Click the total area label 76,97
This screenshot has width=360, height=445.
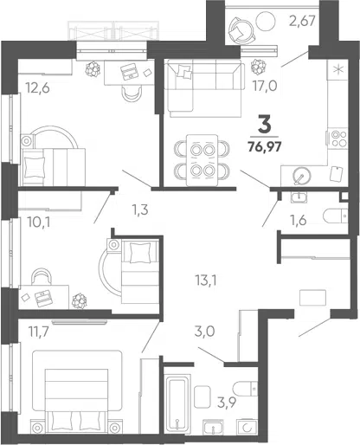click(265, 147)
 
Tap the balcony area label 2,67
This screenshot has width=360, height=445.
click(303, 22)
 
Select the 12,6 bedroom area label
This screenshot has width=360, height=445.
click(37, 87)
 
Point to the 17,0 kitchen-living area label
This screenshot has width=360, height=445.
click(265, 86)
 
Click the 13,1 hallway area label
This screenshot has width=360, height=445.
click(206, 280)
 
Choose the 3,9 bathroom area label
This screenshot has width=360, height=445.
click(227, 402)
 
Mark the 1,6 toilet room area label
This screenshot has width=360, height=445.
click(299, 221)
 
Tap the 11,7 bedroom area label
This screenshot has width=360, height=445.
click(39, 332)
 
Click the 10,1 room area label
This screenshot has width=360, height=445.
click(39, 222)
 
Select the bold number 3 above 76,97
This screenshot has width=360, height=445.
click(265, 125)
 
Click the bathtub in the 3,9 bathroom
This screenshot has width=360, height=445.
click(177, 403)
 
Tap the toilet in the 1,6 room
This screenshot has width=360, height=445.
click(336, 216)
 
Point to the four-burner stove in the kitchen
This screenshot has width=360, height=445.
click(338, 139)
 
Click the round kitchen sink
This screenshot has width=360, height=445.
click(302, 176)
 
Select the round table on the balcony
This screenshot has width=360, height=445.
click(267, 21)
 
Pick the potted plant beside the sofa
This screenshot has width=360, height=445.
click(258, 67)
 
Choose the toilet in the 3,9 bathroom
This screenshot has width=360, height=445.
click(245, 389)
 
